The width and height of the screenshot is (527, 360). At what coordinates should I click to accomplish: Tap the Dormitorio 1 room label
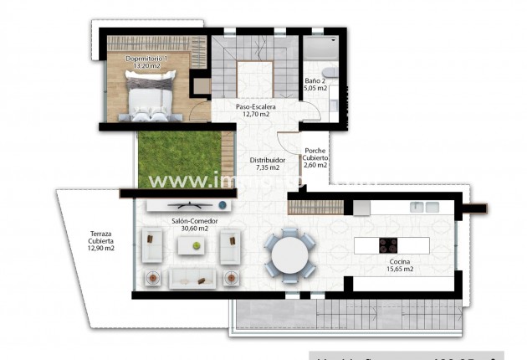pos(146,59)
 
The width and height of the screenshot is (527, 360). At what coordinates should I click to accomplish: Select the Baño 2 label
pos(315,80)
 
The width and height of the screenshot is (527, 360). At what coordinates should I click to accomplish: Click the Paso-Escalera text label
pos(255,108)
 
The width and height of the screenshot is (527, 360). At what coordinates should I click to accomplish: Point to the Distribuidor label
pos(268,159)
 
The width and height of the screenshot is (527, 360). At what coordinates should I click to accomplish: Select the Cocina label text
pos(398,260)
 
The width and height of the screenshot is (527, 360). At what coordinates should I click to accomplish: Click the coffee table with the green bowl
pos(196,245)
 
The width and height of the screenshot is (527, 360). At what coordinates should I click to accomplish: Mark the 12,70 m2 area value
pos(255,116)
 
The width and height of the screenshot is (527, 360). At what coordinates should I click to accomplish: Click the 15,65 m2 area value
pos(398,269)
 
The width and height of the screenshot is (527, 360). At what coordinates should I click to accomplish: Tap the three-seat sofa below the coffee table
pos(193,276)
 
